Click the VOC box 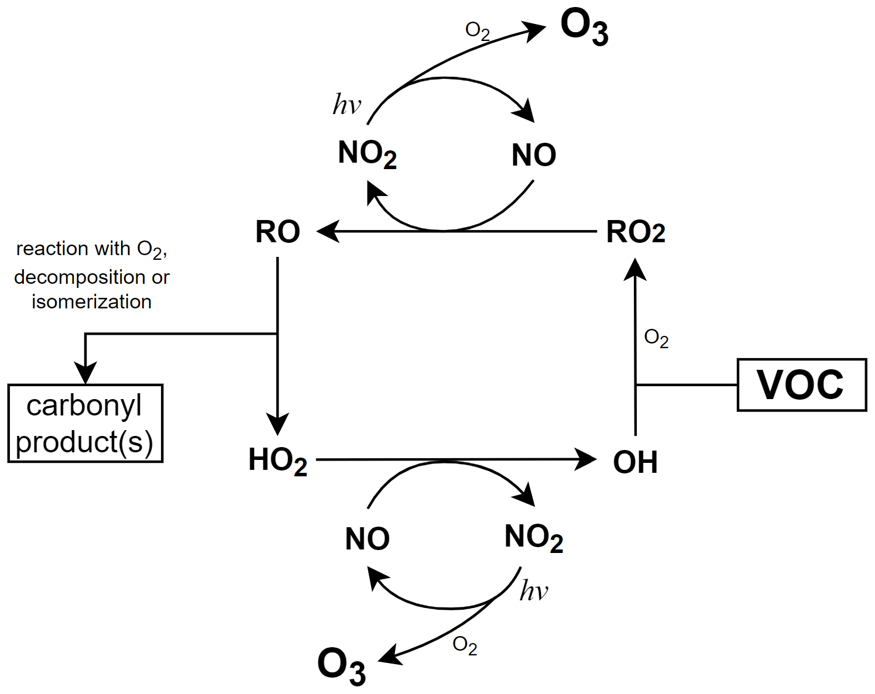pos(801,385)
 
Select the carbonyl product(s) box pos(85,424)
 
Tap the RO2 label pos(636,232)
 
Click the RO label pos(277,232)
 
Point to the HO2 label pos(277,461)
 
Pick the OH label pos(635,462)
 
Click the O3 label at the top pos(584,28)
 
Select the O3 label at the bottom pos(341,666)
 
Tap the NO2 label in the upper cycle pos(367,154)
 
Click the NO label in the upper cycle pos(533,156)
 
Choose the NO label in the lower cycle pos(367,539)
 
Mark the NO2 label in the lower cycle pos(533,537)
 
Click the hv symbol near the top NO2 pos(346,105)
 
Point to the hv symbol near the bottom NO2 pos(534,591)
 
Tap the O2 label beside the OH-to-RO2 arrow pos(656,338)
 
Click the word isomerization pos(92,302)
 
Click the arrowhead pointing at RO pos(327,231)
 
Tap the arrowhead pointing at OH pos(586,459)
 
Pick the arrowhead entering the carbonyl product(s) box pos(85,373)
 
